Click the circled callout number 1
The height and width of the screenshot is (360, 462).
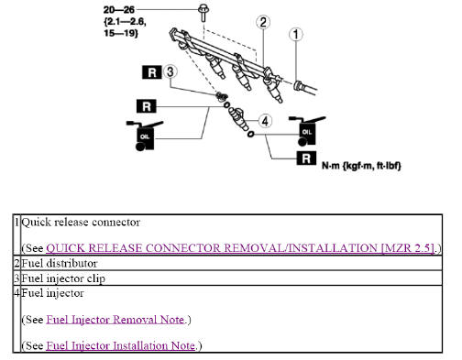[x=295, y=36]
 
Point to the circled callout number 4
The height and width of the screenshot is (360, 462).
[x=266, y=120]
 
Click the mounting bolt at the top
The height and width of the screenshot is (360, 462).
[x=201, y=11]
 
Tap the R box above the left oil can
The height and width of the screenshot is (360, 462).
[x=148, y=106]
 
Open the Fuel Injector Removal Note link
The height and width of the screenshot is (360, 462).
[x=116, y=320]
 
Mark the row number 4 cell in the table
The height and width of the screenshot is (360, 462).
[x=16, y=293]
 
